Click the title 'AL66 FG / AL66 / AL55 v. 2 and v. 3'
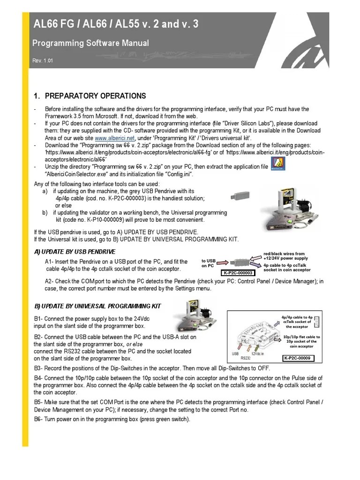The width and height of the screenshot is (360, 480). [115, 24]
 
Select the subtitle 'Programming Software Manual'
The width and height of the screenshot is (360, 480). [90, 43]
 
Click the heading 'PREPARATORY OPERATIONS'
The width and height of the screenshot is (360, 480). [95, 96]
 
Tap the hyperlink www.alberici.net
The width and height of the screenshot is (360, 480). [115, 138]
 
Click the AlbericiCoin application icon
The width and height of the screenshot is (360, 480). [279, 165]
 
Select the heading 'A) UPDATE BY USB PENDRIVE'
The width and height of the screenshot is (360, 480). [75, 252]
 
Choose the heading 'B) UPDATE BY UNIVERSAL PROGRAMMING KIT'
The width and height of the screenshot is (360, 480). [97, 306]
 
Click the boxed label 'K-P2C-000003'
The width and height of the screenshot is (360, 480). [237, 273]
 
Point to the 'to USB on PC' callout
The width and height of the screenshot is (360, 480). [208, 263]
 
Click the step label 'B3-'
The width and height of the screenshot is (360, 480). [39, 368]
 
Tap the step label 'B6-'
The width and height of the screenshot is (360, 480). [39, 419]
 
